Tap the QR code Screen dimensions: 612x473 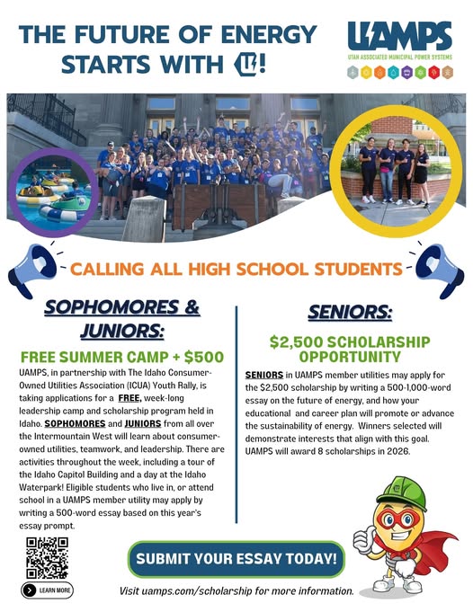click(x=47, y=556)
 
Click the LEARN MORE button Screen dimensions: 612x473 click(x=47, y=590)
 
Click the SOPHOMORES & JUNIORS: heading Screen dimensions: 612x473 click(x=121, y=318)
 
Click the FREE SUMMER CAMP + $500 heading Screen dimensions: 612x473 click(x=121, y=354)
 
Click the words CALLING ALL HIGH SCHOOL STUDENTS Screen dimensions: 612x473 click(x=236, y=269)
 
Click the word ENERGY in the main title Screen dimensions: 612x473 click(x=269, y=34)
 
